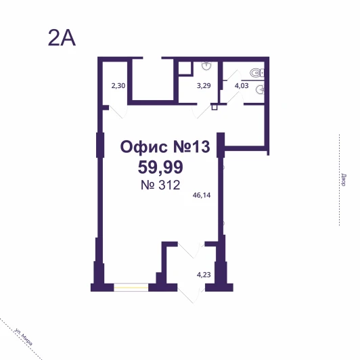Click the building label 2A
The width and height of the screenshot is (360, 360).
click(62, 38)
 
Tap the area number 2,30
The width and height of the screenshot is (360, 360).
click(118, 86)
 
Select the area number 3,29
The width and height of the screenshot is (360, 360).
click(204, 86)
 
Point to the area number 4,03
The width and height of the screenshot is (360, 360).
click(242, 86)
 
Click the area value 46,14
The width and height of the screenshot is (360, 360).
click(202, 195)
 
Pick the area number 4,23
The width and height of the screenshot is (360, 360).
click(204, 275)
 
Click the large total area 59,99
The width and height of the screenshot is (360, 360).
click(160, 167)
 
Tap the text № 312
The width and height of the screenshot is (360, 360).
click(160, 185)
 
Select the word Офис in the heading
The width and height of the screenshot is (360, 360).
click(143, 147)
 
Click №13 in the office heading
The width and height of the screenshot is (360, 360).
click(192, 147)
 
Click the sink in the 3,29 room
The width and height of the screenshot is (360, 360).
click(206, 66)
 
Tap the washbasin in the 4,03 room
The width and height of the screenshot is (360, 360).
click(260, 90)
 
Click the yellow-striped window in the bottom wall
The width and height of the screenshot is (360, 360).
click(131, 287)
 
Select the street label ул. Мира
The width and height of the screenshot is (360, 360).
click(23, 337)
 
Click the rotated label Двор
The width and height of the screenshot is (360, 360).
click(344, 180)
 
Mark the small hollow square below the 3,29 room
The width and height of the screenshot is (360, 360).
click(215, 107)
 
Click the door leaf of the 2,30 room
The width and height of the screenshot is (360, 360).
click(116, 112)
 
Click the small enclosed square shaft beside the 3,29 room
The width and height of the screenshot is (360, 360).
click(185, 68)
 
